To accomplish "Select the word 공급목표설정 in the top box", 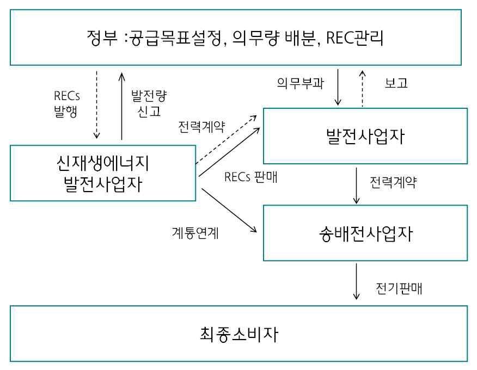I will [175, 39].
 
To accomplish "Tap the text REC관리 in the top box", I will [353, 39].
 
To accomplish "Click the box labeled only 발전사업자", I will [365, 136].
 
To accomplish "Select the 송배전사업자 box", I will [365, 233].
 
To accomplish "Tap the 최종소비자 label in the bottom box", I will [238, 334].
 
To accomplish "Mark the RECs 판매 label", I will [251, 177].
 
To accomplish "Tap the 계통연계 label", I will [195, 234].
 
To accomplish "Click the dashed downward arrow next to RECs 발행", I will [96, 104].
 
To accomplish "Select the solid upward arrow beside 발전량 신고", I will [121, 104].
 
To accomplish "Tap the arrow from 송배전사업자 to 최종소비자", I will [357, 281].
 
